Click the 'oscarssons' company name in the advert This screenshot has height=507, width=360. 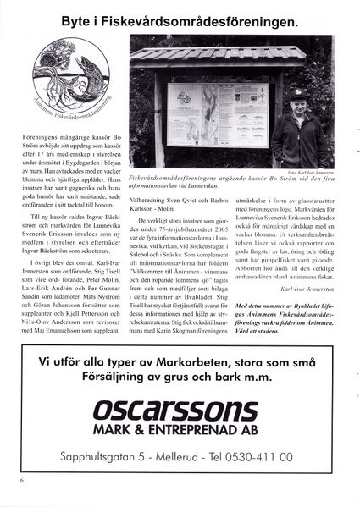[x=180, y=411]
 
